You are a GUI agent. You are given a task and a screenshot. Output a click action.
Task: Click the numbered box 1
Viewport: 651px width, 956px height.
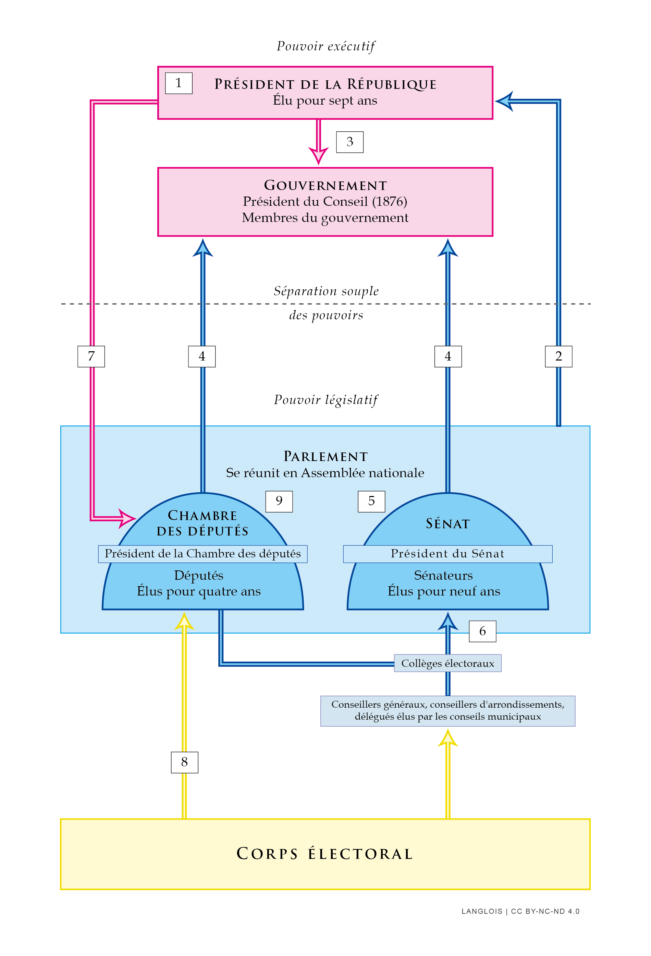coord(179,83)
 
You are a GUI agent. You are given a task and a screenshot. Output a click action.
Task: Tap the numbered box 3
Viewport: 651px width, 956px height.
coord(349,142)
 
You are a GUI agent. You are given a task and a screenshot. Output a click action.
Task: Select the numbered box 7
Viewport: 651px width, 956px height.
coord(91,356)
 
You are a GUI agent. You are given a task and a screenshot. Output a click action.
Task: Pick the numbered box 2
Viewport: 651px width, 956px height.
coord(558,356)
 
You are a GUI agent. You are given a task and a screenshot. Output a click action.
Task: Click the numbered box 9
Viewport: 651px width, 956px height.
coord(279,501)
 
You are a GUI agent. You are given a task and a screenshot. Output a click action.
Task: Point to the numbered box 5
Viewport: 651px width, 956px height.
coord(371,501)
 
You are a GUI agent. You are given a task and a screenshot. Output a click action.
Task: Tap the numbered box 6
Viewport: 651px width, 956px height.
coord(482,631)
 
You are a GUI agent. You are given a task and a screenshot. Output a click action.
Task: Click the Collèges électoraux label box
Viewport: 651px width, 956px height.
coord(447,663)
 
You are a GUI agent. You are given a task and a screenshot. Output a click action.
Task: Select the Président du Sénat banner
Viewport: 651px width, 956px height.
coord(447,554)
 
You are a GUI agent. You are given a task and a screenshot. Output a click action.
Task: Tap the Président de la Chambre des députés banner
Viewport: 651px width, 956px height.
coord(202,554)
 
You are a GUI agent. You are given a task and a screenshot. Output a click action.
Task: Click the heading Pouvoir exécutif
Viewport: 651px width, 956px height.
coord(325,46)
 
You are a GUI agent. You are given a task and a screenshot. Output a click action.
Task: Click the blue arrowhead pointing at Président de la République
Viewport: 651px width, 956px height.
coord(505,101)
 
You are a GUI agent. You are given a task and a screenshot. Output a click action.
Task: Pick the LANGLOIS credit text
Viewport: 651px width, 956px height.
coord(481,911)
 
